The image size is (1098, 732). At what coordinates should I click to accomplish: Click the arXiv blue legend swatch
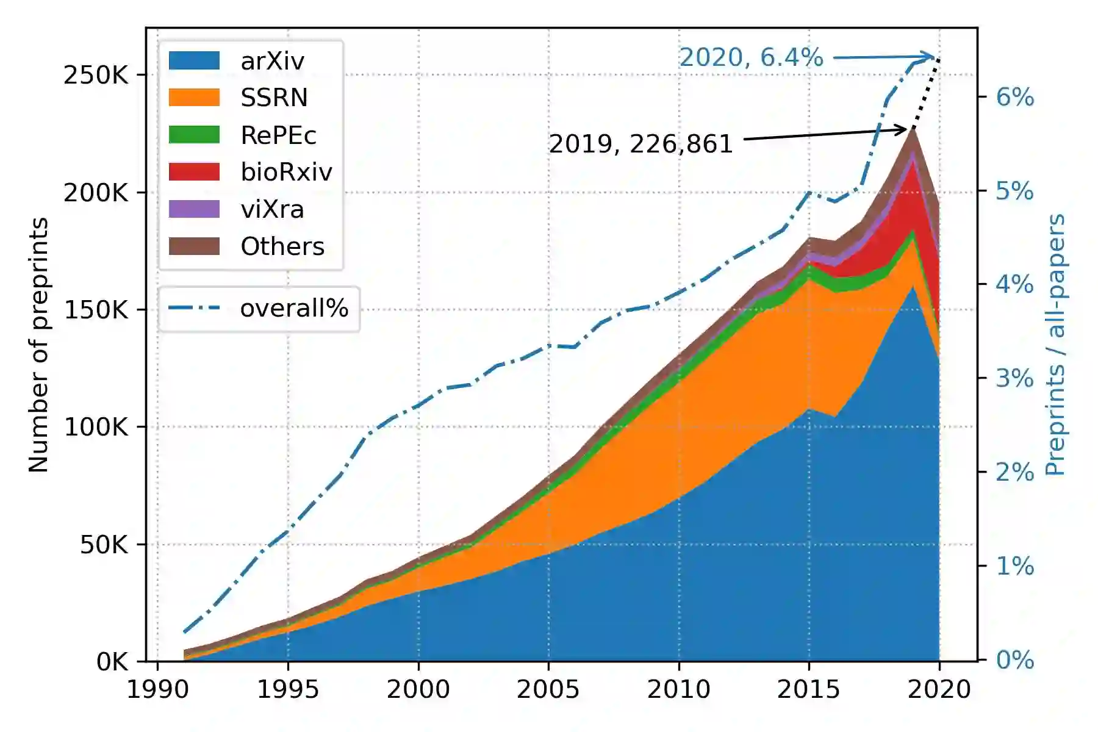[194, 60]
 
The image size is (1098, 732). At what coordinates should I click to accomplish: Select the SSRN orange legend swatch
[194, 98]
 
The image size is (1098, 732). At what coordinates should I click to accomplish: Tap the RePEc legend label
[278, 135]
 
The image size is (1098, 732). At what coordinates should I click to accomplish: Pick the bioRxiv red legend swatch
[194, 172]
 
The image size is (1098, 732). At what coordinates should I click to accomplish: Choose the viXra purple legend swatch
[194, 209]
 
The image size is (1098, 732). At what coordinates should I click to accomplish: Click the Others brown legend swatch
[194, 246]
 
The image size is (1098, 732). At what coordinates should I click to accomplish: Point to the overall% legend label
[294, 308]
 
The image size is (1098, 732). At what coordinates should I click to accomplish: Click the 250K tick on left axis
[96, 75]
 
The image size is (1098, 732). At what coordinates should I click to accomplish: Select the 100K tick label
[96, 427]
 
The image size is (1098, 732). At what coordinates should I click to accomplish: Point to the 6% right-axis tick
[1014, 97]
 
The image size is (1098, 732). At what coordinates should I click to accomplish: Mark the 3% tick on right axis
[1014, 379]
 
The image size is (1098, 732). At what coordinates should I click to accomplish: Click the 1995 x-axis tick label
[288, 689]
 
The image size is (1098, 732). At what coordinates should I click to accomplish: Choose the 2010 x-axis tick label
[678, 689]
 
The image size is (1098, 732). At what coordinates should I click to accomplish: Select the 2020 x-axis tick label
[939, 689]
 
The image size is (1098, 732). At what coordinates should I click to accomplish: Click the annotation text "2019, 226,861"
[640, 144]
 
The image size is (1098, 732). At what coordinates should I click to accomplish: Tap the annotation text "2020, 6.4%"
[751, 57]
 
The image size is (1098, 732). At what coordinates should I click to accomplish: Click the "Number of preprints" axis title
[38, 345]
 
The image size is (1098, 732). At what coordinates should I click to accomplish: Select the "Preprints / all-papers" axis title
[1055, 345]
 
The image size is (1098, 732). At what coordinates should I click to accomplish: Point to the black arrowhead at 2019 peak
[905, 129]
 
